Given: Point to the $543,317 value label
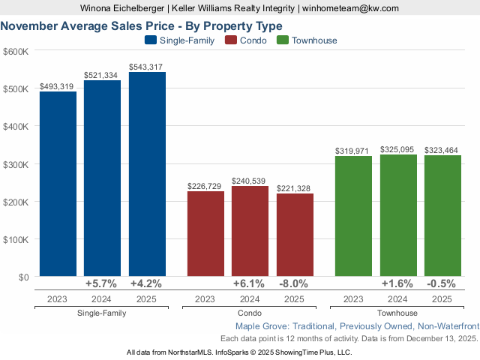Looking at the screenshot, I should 147,67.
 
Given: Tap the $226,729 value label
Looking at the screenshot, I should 205,187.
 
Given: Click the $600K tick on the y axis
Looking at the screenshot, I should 16,51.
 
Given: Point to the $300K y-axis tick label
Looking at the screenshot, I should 16,164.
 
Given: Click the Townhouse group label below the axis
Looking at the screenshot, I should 397,313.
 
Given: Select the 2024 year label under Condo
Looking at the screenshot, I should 250,298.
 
